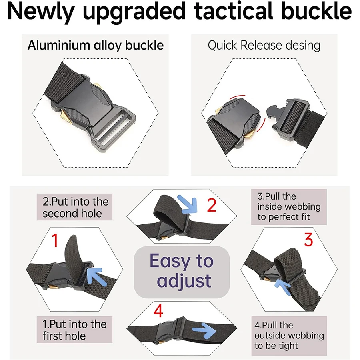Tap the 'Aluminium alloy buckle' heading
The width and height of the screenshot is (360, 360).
pyautogui.click(x=96, y=45)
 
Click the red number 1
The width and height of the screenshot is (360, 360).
pyautogui.click(x=55, y=241)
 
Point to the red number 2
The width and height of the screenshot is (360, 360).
pyautogui.click(x=212, y=206)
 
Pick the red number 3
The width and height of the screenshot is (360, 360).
pyautogui.click(x=308, y=240)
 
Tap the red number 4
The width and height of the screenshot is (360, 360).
pyautogui.click(x=159, y=311)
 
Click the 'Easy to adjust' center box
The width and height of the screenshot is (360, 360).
pyautogui.click(x=182, y=272)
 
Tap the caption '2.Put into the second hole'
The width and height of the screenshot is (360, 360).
pyautogui.click(x=76, y=207)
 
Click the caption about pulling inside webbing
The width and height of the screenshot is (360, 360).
pyautogui.click(x=289, y=207)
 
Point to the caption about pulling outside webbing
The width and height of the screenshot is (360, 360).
pyautogui.click(x=289, y=335)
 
